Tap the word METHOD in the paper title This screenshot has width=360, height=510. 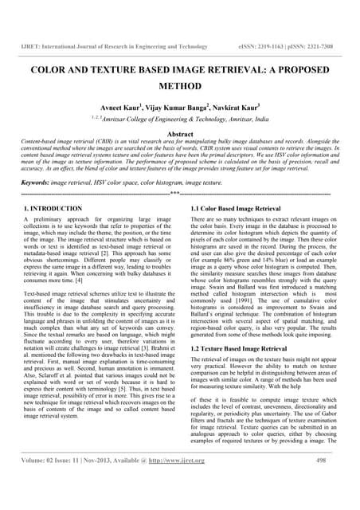click(x=179, y=84)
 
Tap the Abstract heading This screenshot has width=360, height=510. click(x=180, y=135)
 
